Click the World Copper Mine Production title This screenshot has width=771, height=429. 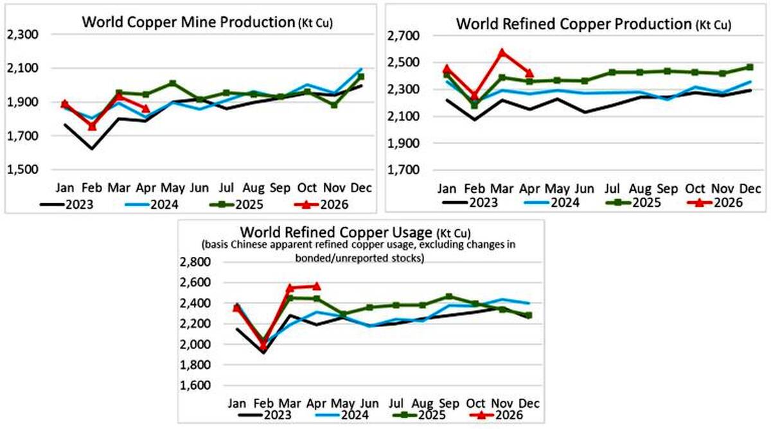coord(207,22)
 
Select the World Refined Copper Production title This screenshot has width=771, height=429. coord(594,24)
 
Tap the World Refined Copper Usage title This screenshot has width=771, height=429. coord(355,232)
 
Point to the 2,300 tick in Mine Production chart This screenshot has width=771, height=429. coord(22,35)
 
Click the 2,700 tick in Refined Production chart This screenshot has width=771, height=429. coord(403,36)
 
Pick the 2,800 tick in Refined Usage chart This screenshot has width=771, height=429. coord(195,262)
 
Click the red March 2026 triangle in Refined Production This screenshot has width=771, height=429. coord(502,52)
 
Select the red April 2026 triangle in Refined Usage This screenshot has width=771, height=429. coord(317,286)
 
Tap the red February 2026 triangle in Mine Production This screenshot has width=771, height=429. coord(92,127)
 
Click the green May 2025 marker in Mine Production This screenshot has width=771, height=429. coord(173,83)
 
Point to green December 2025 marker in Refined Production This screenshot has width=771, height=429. coord(750,67)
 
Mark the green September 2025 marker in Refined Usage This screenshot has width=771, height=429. coord(449,297)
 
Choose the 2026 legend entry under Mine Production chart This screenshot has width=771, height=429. coord(321,205)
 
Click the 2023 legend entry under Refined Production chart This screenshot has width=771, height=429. coord(470,203)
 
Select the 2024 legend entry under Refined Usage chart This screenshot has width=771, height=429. coord(342,415)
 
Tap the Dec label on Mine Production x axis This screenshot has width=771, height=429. coord(361,188)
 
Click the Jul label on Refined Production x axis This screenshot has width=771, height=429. coord(612,189)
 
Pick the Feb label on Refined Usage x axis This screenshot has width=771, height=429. coord(263,403)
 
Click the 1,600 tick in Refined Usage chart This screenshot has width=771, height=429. coord(195,385)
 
